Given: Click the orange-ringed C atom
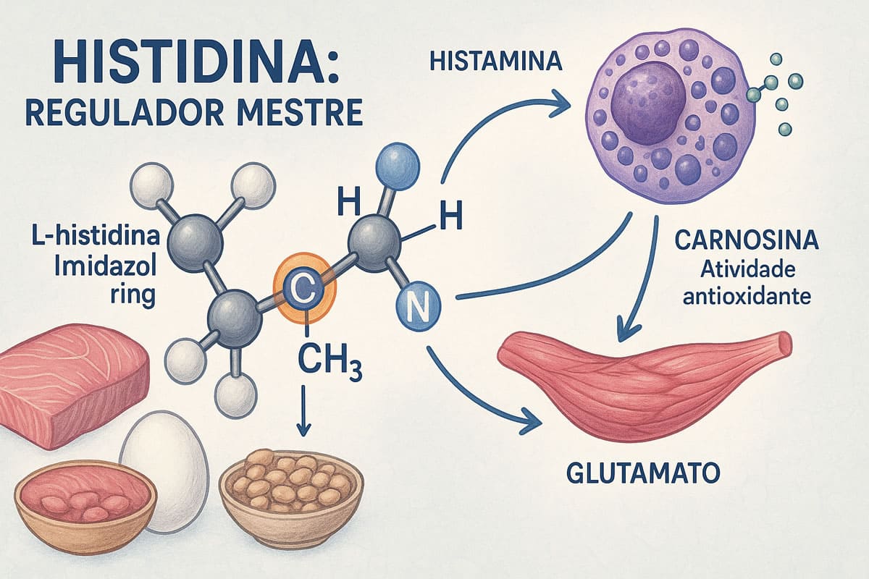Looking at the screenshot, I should pos(305,292).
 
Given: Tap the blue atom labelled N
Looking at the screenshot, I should pos(419,310).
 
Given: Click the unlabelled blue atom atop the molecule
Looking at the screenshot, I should pos(400,161).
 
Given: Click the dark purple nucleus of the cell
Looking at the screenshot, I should pos(647,99).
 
